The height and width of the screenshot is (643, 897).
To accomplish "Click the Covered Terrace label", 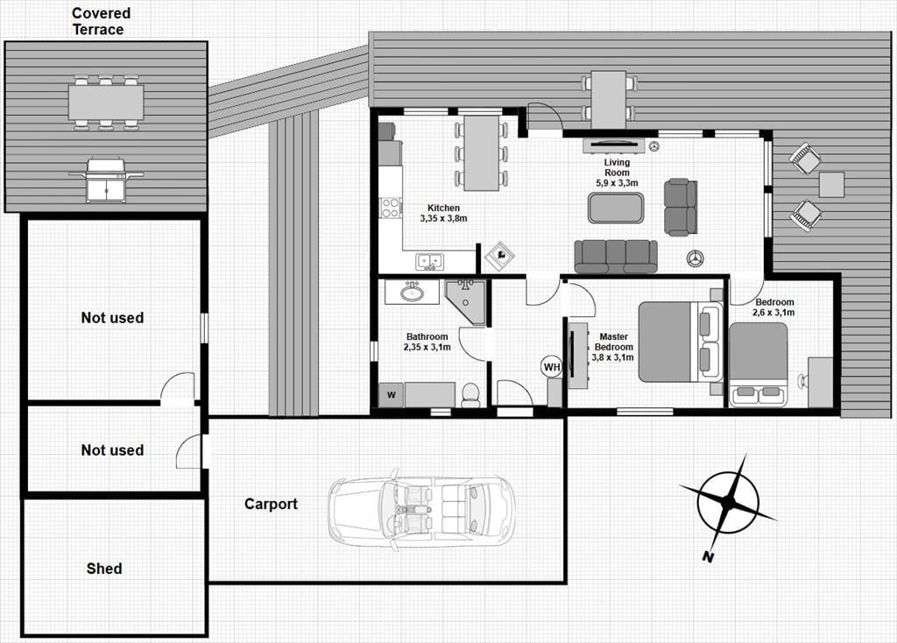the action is click(102, 21).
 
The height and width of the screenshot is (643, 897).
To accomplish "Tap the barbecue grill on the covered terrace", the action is click(106, 180).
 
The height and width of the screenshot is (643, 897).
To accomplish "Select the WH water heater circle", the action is click(552, 367).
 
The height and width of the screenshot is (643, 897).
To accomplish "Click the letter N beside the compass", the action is click(708, 556).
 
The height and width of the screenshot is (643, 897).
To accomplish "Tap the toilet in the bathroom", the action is click(470, 395).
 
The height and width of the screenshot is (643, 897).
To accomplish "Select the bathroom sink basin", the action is click(411, 293).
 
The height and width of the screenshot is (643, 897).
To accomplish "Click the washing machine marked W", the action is click(392, 395).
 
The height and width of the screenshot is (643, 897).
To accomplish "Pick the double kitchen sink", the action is click(429, 262).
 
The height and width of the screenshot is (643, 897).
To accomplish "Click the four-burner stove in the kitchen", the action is click(391, 207).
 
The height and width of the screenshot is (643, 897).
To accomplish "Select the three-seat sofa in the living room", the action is click(616, 257).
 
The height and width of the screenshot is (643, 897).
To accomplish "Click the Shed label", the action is click(104, 569).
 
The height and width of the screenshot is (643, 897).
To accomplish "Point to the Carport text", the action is click(272, 504).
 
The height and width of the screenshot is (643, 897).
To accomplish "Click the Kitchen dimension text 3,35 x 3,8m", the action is click(444, 218).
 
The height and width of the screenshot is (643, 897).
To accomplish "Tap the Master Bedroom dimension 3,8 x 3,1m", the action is click(612, 357).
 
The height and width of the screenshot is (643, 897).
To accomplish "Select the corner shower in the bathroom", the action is click(466, 301).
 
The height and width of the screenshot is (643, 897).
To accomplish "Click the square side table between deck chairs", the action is click(831, 184).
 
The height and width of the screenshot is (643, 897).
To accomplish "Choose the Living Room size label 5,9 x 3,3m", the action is click(617, 183).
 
